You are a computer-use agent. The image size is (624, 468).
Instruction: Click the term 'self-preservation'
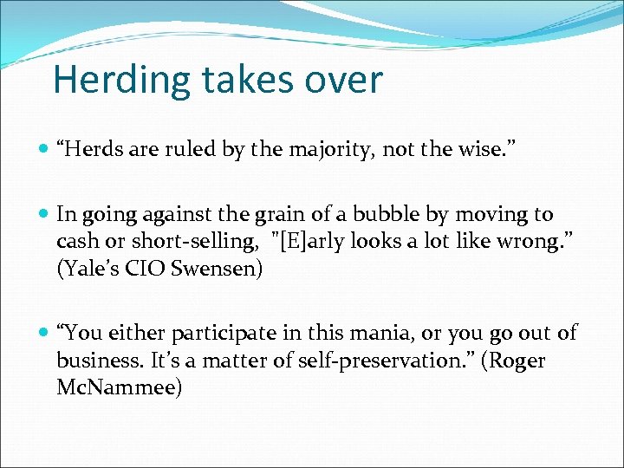[379, 361]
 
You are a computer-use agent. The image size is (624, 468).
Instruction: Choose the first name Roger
[518, 361]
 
